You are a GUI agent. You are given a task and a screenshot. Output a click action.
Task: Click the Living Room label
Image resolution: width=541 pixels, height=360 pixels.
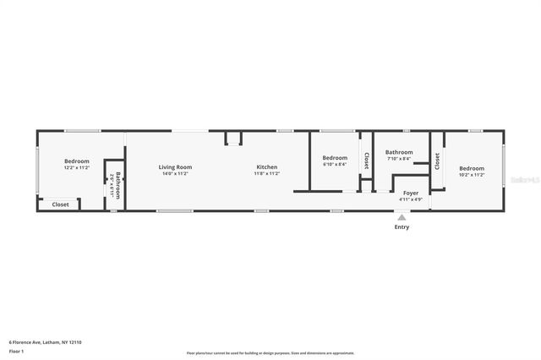175,167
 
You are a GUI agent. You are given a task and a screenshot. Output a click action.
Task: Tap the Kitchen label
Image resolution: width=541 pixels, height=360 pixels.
267,167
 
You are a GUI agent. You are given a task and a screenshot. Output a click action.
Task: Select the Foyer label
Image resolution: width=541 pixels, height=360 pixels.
411,194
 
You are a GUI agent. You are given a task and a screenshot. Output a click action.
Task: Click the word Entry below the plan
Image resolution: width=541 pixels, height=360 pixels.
402,227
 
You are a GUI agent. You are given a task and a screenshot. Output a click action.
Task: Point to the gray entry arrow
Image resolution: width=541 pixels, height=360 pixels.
402,217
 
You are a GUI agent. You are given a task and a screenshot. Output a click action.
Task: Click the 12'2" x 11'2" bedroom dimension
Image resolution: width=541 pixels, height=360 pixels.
77,168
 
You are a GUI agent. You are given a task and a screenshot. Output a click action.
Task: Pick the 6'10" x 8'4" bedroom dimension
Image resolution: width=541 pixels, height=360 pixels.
335,165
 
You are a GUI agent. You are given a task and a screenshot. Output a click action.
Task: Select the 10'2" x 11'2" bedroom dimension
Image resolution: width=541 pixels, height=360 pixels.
472,175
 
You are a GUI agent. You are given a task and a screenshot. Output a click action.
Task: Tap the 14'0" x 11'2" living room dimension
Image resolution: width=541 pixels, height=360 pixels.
175,174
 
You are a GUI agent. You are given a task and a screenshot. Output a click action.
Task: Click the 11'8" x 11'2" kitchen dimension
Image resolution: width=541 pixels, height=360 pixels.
267,174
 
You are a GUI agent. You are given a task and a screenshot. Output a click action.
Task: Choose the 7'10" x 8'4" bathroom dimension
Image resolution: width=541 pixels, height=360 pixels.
399,159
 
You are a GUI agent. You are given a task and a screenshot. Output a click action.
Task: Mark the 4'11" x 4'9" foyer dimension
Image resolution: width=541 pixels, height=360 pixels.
411,200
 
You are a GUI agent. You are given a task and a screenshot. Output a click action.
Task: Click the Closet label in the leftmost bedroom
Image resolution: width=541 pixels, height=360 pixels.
61,205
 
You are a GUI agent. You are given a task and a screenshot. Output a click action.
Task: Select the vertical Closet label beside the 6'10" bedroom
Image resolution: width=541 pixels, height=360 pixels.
366,160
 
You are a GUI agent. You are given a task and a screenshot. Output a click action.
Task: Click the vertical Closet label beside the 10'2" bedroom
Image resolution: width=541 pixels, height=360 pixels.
437,161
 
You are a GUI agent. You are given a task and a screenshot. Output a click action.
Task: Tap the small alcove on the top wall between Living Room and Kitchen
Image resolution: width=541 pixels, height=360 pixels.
233,138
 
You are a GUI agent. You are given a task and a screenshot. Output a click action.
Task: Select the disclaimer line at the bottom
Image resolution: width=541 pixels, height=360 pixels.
270,352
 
